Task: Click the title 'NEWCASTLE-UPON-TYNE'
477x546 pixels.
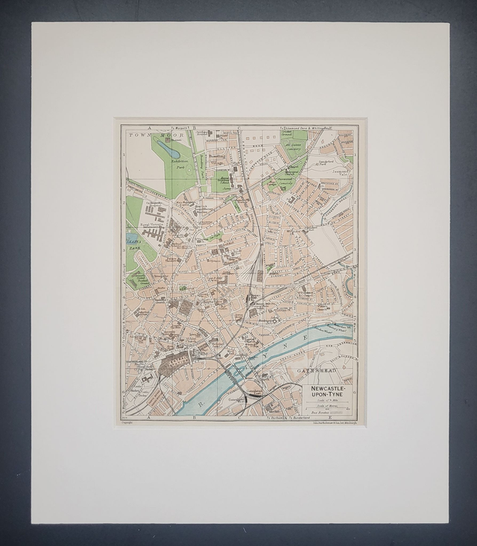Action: point(329,390)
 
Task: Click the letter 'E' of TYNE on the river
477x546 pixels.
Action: point(307,337)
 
